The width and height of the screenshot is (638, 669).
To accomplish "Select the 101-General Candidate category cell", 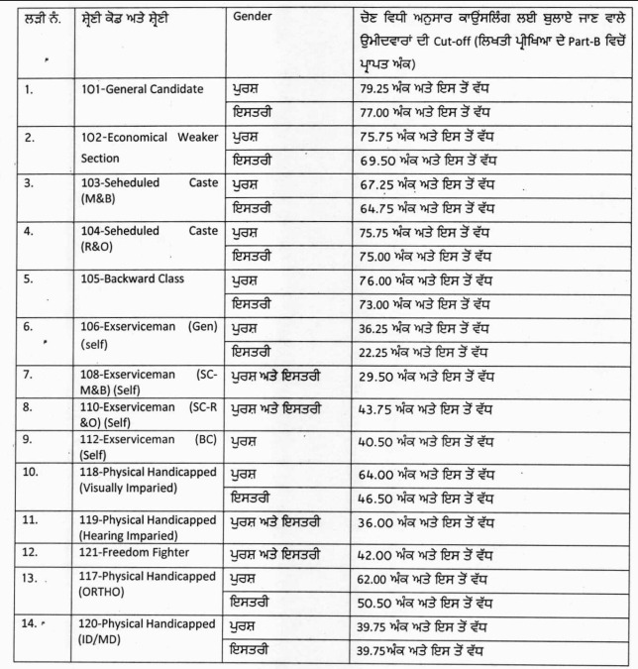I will (143, 89).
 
